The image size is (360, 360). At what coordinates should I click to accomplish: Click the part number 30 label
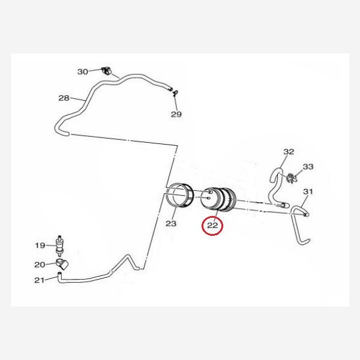click(83, 72)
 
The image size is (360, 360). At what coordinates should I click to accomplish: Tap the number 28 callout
click(64, 98)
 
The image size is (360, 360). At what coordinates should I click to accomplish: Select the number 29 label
click(176, 114)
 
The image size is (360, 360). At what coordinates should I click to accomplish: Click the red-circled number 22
click(212, 226)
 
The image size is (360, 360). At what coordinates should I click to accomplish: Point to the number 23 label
click(171, 223)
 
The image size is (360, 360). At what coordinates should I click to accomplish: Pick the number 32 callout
click(289, 152)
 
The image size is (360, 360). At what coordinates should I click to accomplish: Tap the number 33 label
click(308, 167)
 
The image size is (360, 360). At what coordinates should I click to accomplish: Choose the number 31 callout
click(308, 191)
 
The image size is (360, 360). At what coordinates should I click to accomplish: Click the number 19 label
click(40, 245)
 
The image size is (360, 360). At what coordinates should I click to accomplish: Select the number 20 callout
click(40, 265)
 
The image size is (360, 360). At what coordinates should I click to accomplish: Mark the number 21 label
click(40, 280)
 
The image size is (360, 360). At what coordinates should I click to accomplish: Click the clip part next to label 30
click(106, 71)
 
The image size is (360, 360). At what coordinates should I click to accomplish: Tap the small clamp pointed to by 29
click(175, 93)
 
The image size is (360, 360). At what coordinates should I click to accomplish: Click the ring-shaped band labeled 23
click(180, 195)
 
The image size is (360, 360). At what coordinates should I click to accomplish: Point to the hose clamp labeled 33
click(291, 178)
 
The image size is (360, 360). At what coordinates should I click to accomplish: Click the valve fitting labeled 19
click(60, 245)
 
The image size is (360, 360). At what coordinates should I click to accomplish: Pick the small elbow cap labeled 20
click(62, 263)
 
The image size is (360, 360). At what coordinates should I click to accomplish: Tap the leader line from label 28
click(77, 100)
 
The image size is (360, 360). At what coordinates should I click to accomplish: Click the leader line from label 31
click(302, 201)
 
